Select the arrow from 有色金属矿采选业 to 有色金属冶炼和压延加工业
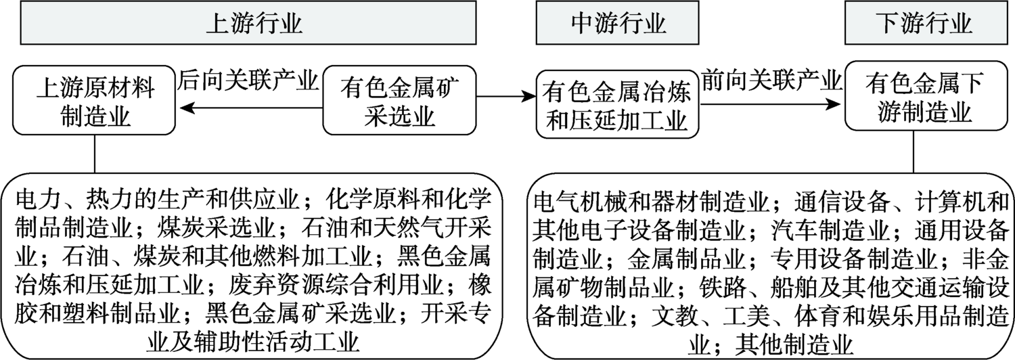[504, 99]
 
